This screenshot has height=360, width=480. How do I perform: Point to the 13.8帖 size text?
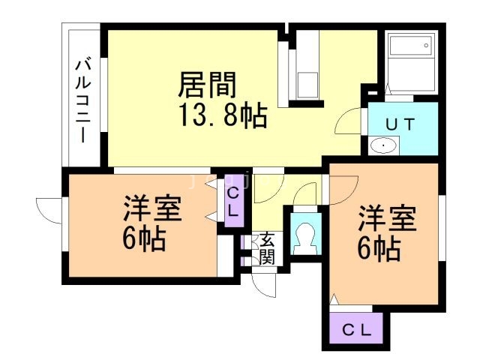223,116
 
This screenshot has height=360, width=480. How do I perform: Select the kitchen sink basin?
308,83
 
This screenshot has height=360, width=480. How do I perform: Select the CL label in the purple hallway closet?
232,202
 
